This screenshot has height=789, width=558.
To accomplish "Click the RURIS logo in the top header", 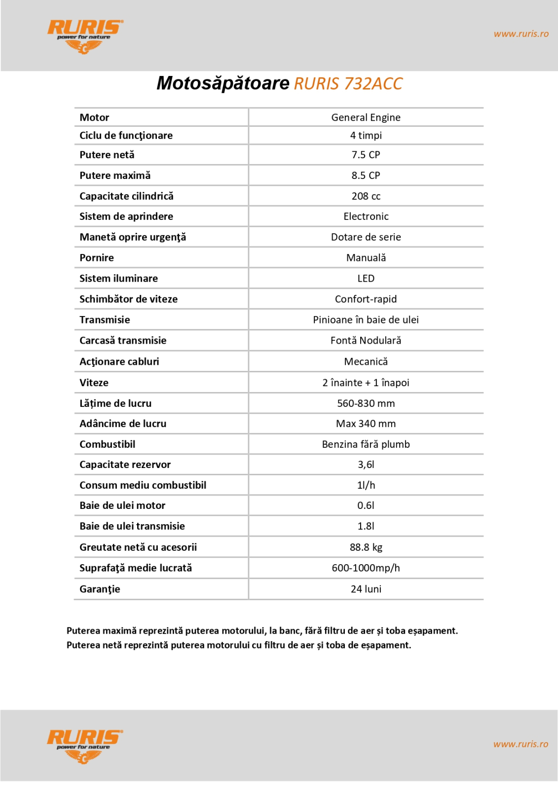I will tap(85, 36).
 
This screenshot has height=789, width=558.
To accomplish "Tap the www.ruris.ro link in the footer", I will tap(521, 744).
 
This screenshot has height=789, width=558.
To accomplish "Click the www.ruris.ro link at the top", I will tap(521, 34).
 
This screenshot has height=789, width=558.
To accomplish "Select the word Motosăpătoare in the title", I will tap(223, 83).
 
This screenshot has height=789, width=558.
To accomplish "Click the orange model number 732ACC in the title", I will tap(373, 84).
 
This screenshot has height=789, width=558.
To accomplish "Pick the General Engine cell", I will tap(366, 117).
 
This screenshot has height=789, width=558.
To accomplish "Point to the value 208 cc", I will tap(366, 196).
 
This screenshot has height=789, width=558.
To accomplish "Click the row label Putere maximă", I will tap(115, 176).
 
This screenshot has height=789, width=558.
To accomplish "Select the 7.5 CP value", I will tap(366, 155).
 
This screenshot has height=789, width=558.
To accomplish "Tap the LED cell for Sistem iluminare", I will tap(366, 279).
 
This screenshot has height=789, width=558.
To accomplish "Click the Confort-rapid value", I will tap(366, 299).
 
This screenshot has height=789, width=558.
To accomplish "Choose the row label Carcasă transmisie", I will tap(123, 341).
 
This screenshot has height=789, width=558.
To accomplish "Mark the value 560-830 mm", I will tap(366, 403).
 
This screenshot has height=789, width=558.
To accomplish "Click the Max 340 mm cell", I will tap(366, 424).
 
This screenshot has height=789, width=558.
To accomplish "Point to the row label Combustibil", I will tap(107, 444).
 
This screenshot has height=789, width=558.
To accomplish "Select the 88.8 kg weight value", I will tap(366, 547).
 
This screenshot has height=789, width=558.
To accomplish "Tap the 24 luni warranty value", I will tap(366, 589).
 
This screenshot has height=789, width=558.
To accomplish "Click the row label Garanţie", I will tap(100, 589).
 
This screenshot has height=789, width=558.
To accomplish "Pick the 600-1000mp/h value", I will tap(366, 568).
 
